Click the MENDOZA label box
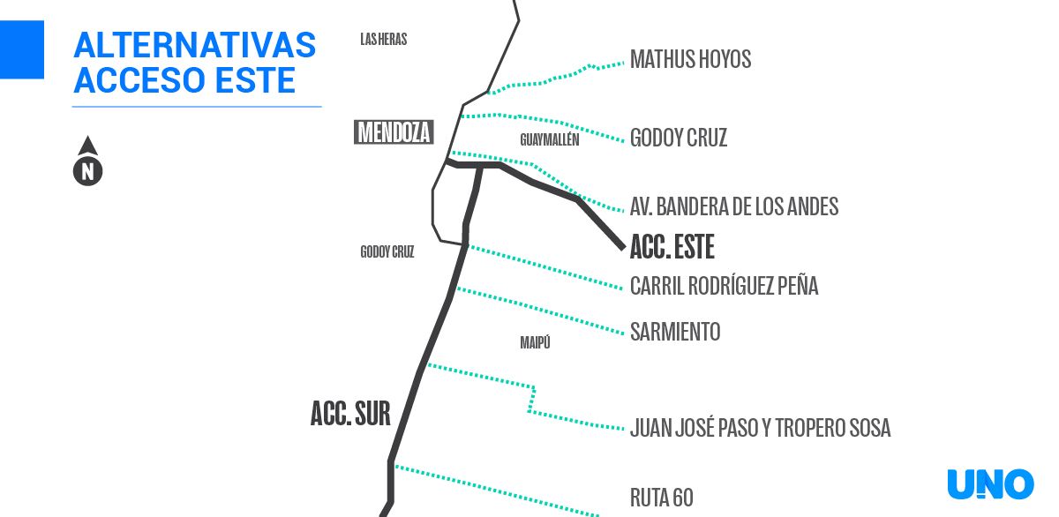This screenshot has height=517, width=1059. click(x=394, y=131)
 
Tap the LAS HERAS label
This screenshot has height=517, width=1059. click(x=383, y=39)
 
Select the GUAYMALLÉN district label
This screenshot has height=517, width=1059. click(x=549, y=139)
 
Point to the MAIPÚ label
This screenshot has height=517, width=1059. click(x=535, y=342)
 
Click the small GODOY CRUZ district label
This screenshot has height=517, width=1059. click(x=387, y=251)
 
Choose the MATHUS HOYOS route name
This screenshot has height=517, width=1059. click(x=691, y=59)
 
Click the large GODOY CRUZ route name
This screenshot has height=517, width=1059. click(x=679, y=138)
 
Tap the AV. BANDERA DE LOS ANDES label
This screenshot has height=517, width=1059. click(x=734, y=206)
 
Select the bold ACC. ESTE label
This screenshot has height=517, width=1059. click(x=672, y=246)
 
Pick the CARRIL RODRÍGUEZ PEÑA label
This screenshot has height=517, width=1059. click(x=725, y=286)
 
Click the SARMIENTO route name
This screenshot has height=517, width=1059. click(x=675, y=331)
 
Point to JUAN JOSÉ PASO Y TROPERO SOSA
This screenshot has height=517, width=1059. click(x=760, y=427)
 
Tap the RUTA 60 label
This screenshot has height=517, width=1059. click(x=661, y=498)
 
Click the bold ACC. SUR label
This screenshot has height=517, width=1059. click(x=350, y=413)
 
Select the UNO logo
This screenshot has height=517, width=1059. click(x=990, y=484)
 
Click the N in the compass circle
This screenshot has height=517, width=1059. click(x=88, y=171)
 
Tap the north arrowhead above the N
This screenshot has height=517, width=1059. click(x=88, y=146)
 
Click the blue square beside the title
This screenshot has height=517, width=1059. click(x=22, y=49)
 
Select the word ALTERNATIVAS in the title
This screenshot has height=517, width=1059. click(x=195, y=45)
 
